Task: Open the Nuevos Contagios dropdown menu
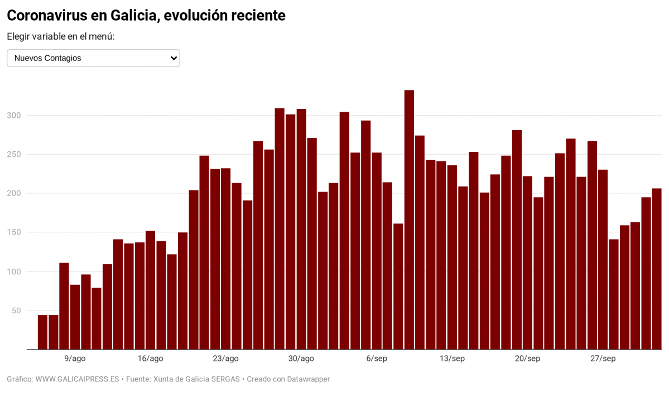(93, 58)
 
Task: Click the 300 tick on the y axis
(16, 116)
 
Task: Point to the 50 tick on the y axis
(18, 311)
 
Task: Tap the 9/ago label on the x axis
(75, 359)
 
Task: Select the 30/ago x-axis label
(301, 359)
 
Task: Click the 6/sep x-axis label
(376, 359)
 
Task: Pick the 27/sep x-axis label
(603, 359)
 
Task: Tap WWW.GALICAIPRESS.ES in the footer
(77, 379)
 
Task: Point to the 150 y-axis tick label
(16, 232)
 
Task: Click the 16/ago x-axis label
(150, 359)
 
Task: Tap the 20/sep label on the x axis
(527, 359)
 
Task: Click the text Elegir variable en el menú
(61, 37)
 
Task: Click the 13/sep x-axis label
(452, 359)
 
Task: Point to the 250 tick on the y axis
(16, 154)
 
